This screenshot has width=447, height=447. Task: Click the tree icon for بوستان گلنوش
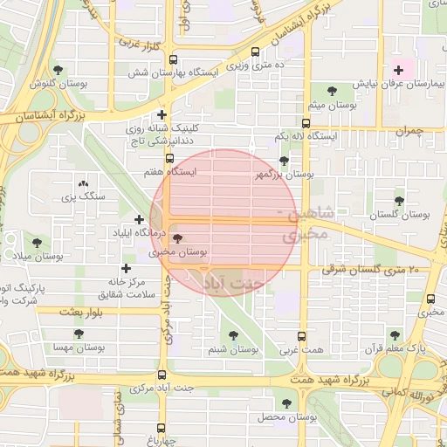[58, 70]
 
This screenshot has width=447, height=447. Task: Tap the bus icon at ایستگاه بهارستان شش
[173, 60]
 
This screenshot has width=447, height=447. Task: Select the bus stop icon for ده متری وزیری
[255, 52]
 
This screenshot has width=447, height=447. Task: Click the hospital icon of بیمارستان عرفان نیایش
[399, 70]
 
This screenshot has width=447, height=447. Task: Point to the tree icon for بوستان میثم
[331, 90]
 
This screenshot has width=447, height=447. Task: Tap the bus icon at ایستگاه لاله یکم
[306, 123]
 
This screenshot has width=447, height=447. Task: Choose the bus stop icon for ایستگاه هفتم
[169, 158]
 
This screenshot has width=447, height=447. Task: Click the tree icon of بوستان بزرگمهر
[284, 161]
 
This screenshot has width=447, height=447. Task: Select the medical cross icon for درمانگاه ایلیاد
[139, 219]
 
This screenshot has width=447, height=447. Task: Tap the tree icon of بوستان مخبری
[178, 237]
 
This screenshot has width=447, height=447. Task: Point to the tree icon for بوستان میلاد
[37, 242]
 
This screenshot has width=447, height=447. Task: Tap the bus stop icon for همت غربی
[302, 335]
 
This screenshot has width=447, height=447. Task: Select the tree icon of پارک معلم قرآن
[395, 334]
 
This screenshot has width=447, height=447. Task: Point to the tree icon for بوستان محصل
[286, 403]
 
